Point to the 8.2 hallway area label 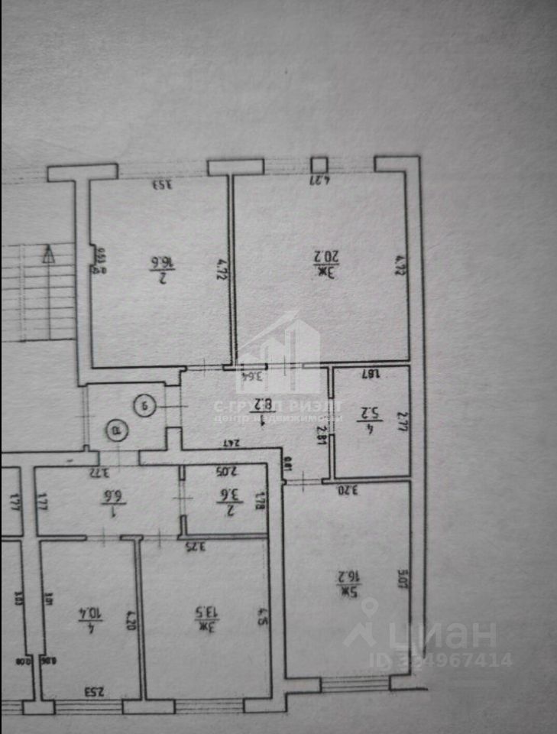pyautogui.click(x=262, y=402)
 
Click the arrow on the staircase pyautogui.click(x=50, y=253)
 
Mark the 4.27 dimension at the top pyautogui.click(x=319, y=180)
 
